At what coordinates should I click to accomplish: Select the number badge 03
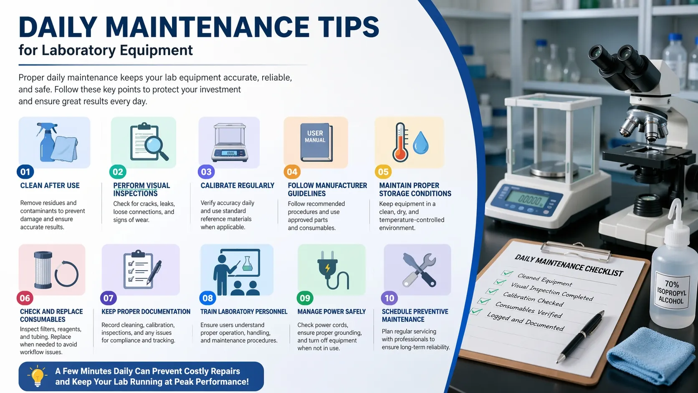206,172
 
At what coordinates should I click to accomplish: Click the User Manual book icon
316,142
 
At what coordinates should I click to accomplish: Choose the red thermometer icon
400,142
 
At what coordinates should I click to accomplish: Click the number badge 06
25,298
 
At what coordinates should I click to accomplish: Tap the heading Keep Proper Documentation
146,312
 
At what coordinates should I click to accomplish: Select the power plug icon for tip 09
331,270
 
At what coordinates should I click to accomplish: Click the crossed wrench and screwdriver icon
419,270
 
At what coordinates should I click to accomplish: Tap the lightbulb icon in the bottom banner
37,376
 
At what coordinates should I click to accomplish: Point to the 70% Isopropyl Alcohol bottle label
672,292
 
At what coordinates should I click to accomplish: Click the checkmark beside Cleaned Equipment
507,273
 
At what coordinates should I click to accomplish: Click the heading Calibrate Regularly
238,186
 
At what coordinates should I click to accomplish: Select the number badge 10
389,298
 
